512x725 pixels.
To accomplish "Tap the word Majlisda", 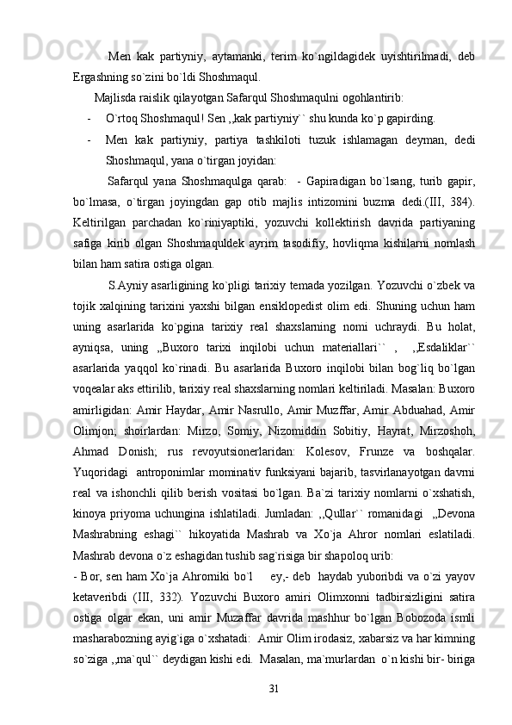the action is (124, 96).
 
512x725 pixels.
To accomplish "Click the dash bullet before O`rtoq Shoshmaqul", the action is (90, 117).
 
